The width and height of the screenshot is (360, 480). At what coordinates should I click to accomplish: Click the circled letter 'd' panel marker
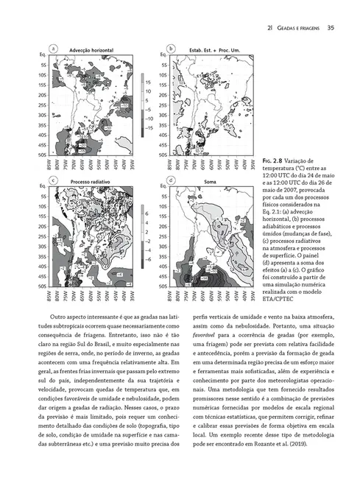click(x=172, y=179)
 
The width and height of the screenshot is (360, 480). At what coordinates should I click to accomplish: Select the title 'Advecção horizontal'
click(x=92, y=49)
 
